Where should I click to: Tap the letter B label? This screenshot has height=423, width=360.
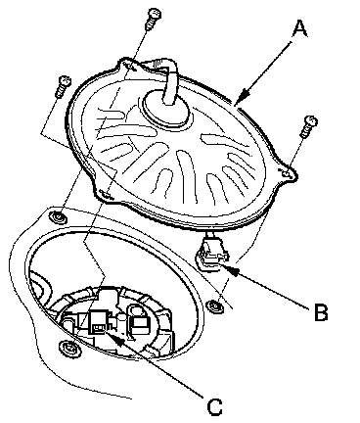click(321, 311)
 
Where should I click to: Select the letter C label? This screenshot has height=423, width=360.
click(214, 406)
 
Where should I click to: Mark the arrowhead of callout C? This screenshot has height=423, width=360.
click(116, 340)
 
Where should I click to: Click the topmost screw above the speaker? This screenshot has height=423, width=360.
click(153, 19)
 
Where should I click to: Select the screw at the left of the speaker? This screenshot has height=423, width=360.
click(63, 86)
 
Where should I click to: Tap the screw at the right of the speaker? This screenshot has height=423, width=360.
click(308, 126)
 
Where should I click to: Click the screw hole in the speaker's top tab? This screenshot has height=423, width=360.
click(130, 66)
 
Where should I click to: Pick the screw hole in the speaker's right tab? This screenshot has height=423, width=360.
click(287, 174)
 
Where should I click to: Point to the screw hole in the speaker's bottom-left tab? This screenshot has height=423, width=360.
click(105, 193)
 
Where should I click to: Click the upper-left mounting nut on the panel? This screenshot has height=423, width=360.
click(57, 216)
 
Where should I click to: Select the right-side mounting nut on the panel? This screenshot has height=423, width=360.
click(214, 305)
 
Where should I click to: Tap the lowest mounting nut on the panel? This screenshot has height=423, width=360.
click(67, 348)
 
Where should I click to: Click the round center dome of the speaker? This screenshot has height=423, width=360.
click(166, 109)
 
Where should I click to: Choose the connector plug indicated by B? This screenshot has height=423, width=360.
click(212, 253)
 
